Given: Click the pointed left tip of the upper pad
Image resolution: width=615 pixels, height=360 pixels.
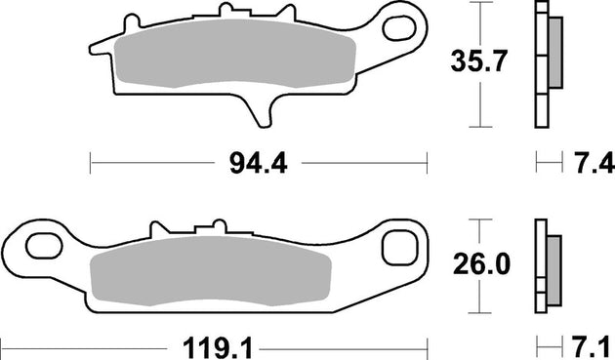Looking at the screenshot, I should pos(93,47).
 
